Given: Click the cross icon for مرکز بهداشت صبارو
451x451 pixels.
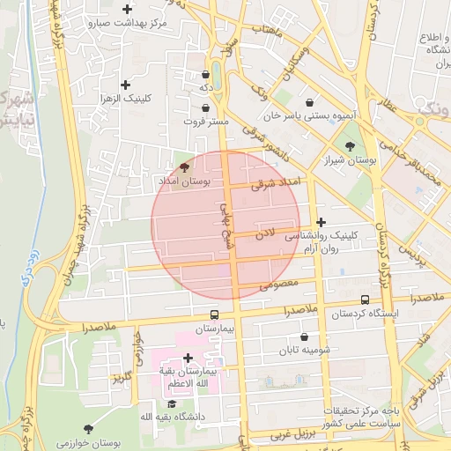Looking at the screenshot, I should [x=128, y=10].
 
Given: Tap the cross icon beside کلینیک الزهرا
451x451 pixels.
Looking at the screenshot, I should [x=126, y=85].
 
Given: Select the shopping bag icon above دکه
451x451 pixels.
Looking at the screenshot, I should [x=205, y=75].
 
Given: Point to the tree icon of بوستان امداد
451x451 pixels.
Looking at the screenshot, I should [x=183, y=166].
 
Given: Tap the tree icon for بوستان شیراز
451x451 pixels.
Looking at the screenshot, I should [x=351, y=146].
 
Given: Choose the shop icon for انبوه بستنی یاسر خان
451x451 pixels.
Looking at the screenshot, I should [x=310, y=103].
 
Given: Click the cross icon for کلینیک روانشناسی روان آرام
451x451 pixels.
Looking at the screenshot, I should [x=321, y=223].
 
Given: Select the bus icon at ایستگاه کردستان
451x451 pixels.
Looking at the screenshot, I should [x=366, y=300].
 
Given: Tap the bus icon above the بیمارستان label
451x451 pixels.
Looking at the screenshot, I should [x=215, y=314].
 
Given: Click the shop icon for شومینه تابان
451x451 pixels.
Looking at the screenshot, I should [x=305, y=336].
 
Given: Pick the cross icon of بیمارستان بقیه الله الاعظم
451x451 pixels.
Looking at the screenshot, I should [x=187, y=358].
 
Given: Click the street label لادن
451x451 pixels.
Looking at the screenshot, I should [x=266, y=233].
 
